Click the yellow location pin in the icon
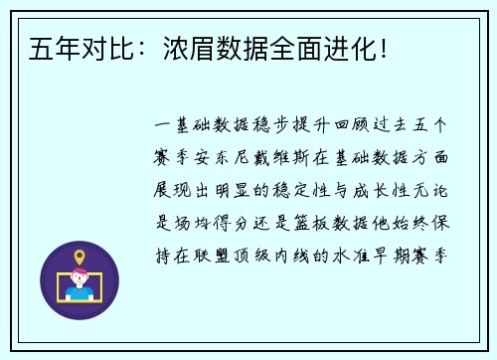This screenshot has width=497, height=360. pyautogui.click(x=80, y=258)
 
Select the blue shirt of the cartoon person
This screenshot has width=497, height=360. pyautogui.click(x=81, y=295)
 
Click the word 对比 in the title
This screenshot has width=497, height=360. pyautogui.click(x=96, y=47)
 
